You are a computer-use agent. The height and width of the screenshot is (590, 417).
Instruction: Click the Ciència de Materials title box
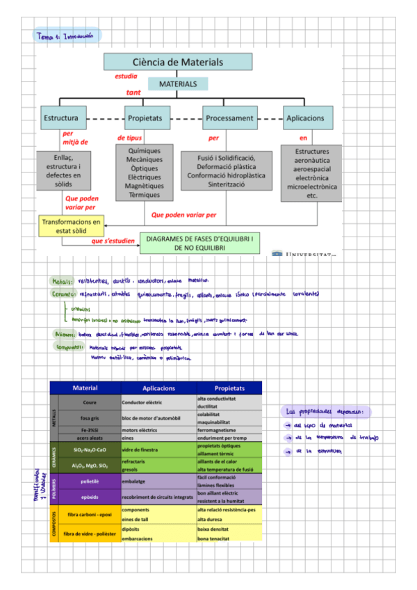pos(178,62)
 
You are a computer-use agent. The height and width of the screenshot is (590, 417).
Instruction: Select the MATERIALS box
pos(178,84)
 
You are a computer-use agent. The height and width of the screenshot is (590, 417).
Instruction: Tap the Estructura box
pos(65,118)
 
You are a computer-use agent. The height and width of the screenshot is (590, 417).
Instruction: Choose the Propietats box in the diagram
pos(144,118)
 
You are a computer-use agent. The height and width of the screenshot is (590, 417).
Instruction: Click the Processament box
pos(229,118)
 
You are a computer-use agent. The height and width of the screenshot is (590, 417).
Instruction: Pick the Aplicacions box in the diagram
pos(305,118)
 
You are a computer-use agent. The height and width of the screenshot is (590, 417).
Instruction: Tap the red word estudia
pos(126,77)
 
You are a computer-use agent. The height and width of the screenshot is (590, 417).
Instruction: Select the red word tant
pos(133,92)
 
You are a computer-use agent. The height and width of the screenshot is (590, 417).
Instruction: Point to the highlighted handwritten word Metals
pos(63,282)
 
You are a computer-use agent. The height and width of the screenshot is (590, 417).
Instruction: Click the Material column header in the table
pos(85,388)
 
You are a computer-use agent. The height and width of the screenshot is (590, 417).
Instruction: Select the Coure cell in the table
pos(89,402)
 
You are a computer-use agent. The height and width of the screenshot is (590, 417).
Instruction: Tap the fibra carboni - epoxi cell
pos(89,515)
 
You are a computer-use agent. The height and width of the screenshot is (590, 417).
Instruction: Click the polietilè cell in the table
pos(89,481)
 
